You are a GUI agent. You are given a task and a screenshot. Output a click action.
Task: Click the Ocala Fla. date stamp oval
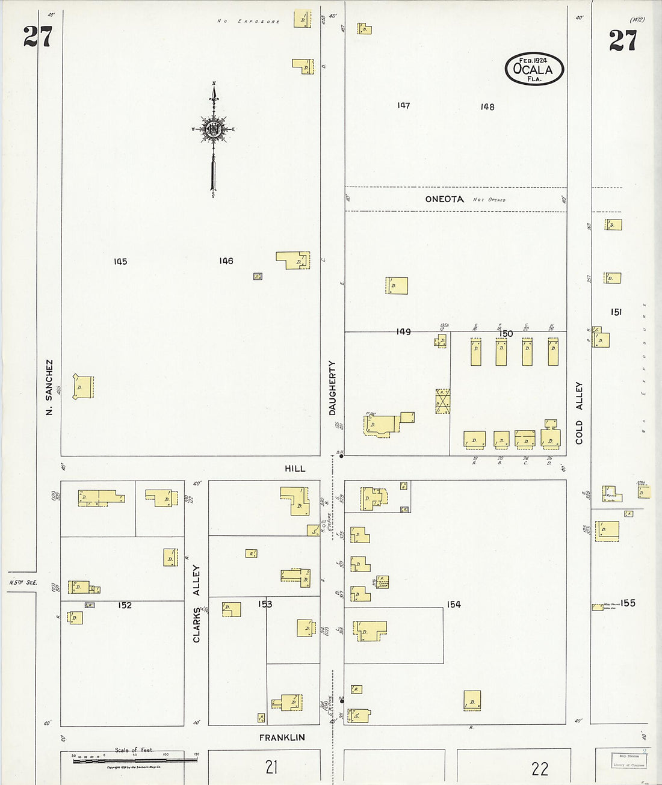coord(534,69)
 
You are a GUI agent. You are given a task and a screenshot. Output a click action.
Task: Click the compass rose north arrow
coord(214,129)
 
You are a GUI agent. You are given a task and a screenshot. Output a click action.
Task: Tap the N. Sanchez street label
coord(49,387)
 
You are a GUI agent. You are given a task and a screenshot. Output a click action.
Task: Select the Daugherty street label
coord(332,388)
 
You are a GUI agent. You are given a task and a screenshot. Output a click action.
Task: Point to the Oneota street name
coord(444,199)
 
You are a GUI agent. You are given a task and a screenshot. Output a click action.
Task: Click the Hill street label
coord(295,468)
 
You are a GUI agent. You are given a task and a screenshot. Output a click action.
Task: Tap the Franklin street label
coord(282,737)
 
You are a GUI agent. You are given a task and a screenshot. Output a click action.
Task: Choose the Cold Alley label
coord(579,413)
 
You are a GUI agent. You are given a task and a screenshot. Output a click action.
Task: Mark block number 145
coord(120,262)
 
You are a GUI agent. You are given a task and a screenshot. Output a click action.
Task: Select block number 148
coord(487,107)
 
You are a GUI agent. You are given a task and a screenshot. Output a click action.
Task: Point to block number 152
coord(125,605)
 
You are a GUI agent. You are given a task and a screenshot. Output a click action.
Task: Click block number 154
coord(454,605)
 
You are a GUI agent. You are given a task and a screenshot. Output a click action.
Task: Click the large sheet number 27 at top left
coord(38,37)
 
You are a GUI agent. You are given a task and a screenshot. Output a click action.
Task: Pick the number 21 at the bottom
coord(271,767)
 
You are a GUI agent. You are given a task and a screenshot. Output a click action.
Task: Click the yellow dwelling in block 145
coord(84,387)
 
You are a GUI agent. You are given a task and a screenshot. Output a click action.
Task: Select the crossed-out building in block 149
coord(443,401)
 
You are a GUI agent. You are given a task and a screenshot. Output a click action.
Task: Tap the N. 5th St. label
coord(23,582)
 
